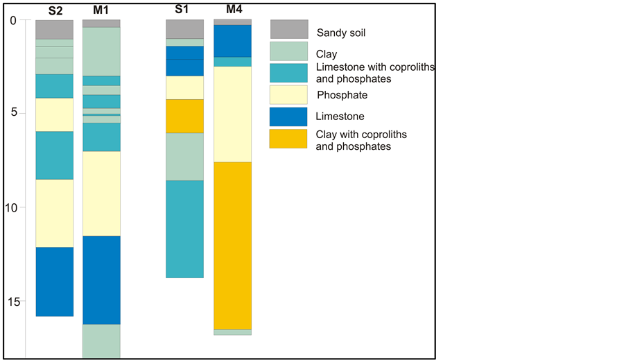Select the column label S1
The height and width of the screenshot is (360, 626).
click(184, 10)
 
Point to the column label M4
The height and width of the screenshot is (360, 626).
click(233, 10)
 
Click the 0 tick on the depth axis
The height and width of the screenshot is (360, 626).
click(13, 20)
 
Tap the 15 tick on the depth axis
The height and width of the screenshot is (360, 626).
click(11, 301)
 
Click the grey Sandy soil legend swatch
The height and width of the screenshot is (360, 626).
click(288, 29)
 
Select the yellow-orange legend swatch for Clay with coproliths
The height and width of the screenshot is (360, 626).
click(288, 138)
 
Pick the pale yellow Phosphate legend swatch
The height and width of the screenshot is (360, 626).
click(288, 94)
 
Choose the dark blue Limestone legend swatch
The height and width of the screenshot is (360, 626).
click(288, 116)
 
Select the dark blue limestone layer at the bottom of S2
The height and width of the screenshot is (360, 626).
click(54, 281)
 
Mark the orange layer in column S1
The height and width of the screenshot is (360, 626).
click(184, 116)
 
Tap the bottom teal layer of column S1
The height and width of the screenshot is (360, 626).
click(184, 229)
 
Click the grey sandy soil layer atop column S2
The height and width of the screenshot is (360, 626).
click(54, 29)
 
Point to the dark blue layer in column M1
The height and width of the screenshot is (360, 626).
click(101, 280)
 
